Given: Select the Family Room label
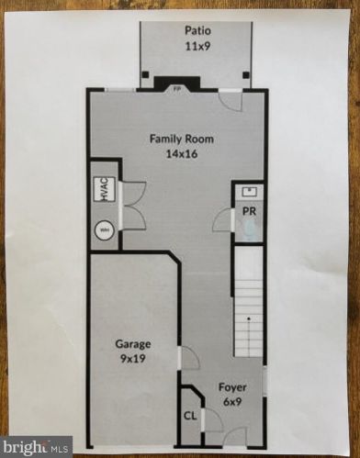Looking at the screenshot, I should tap(182, 140).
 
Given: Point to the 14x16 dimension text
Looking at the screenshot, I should tap(182, 154).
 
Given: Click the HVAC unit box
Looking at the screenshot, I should tap(104, 190).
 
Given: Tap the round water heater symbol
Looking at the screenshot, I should tap(104, 230).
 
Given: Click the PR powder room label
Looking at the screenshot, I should tap(249, 211).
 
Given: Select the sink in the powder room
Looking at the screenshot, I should tap(249, 192).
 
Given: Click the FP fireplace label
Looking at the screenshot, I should tap(177, 89).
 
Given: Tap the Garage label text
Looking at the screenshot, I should tap(133, 344).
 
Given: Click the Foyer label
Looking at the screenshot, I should tap(231, 386).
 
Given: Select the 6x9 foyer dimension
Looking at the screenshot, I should tap(231, 401).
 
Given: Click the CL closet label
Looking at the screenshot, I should tap(190, 415).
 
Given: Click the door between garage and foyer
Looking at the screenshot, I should tap(187, 358).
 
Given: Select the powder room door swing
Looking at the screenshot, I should tap(221, 220).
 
